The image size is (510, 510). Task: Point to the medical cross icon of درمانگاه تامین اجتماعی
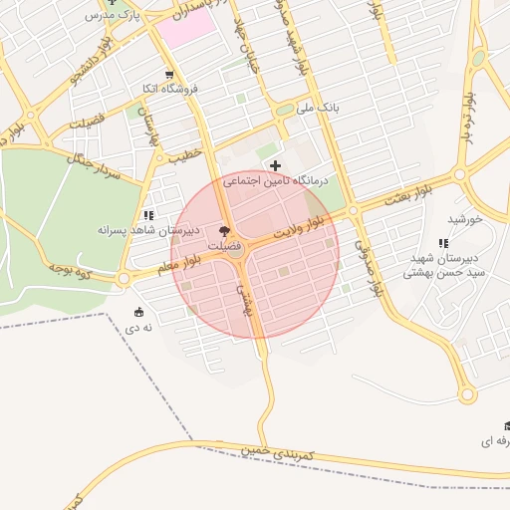click(x=276, y=165)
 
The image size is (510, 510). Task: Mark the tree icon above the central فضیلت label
click(x=222, y=230)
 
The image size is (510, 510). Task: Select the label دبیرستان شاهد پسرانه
click(x=148, y=229)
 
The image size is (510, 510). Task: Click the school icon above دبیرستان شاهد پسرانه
click(x=148, y=215)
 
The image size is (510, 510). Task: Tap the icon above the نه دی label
click(x=138, y=313)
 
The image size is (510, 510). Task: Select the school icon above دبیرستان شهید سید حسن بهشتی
click(x=443, y=243)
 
